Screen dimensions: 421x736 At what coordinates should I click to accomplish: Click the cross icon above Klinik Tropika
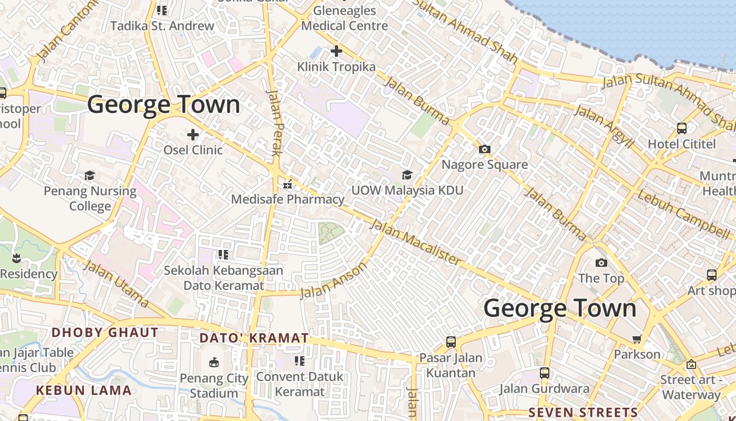point(336,51)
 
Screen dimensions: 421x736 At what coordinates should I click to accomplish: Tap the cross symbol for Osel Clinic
point(193,134)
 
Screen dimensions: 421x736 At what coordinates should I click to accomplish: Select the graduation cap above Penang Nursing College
point(90,175)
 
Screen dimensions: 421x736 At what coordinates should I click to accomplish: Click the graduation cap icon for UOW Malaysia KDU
point(407,174)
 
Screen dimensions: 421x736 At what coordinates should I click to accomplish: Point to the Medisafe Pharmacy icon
point(288,184)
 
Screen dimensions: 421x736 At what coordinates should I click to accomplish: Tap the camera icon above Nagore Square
point(485,149)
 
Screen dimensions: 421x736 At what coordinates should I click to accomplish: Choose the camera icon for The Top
point(601,263)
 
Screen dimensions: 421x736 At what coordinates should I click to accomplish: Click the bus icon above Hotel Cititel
point(682,128)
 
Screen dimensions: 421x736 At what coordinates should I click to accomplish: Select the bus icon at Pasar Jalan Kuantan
point(451,342)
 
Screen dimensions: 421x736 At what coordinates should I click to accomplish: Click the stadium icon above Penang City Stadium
point(214,362)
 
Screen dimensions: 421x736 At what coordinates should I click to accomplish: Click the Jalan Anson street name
point(333,280)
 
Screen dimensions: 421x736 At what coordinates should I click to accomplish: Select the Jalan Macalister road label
point(415,242)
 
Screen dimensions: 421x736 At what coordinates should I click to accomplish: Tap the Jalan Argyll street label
point(604,125)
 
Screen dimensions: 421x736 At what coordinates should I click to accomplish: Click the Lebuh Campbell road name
point(683,213)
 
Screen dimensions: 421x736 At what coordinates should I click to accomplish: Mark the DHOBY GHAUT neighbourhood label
point(105,333)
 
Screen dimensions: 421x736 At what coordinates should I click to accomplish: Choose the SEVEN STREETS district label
point(583,412)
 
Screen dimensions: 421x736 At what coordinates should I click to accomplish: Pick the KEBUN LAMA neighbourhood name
point(84,390)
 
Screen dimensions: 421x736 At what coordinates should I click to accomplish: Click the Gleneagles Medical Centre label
point(345,18)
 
